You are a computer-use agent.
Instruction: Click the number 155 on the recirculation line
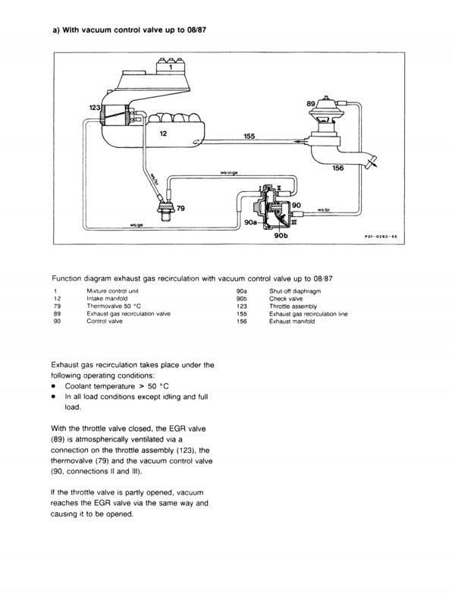(x=250, y=137)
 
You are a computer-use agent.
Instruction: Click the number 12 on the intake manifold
(x=163, y=133)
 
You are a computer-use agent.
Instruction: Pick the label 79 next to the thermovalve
(x=180, y=207)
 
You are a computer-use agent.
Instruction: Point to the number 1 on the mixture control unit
(x=171, y=68)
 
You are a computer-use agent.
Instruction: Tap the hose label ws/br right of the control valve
(x=324, y=209)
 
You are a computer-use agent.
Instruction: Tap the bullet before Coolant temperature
(x=54, y=386)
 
